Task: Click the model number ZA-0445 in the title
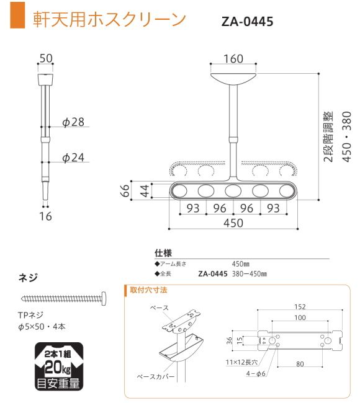[247, 22]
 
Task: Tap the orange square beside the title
[19, 19]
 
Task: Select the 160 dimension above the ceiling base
[233, 59]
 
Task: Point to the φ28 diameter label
[74, 122]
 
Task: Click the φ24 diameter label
[74, 158]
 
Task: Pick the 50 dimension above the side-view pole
[46, 58]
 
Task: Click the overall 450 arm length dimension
[233, 223]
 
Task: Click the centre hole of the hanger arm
[233, 191]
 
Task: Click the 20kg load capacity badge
[58, 366]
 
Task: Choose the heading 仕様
[163, 253]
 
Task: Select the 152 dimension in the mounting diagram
[300, 306]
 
